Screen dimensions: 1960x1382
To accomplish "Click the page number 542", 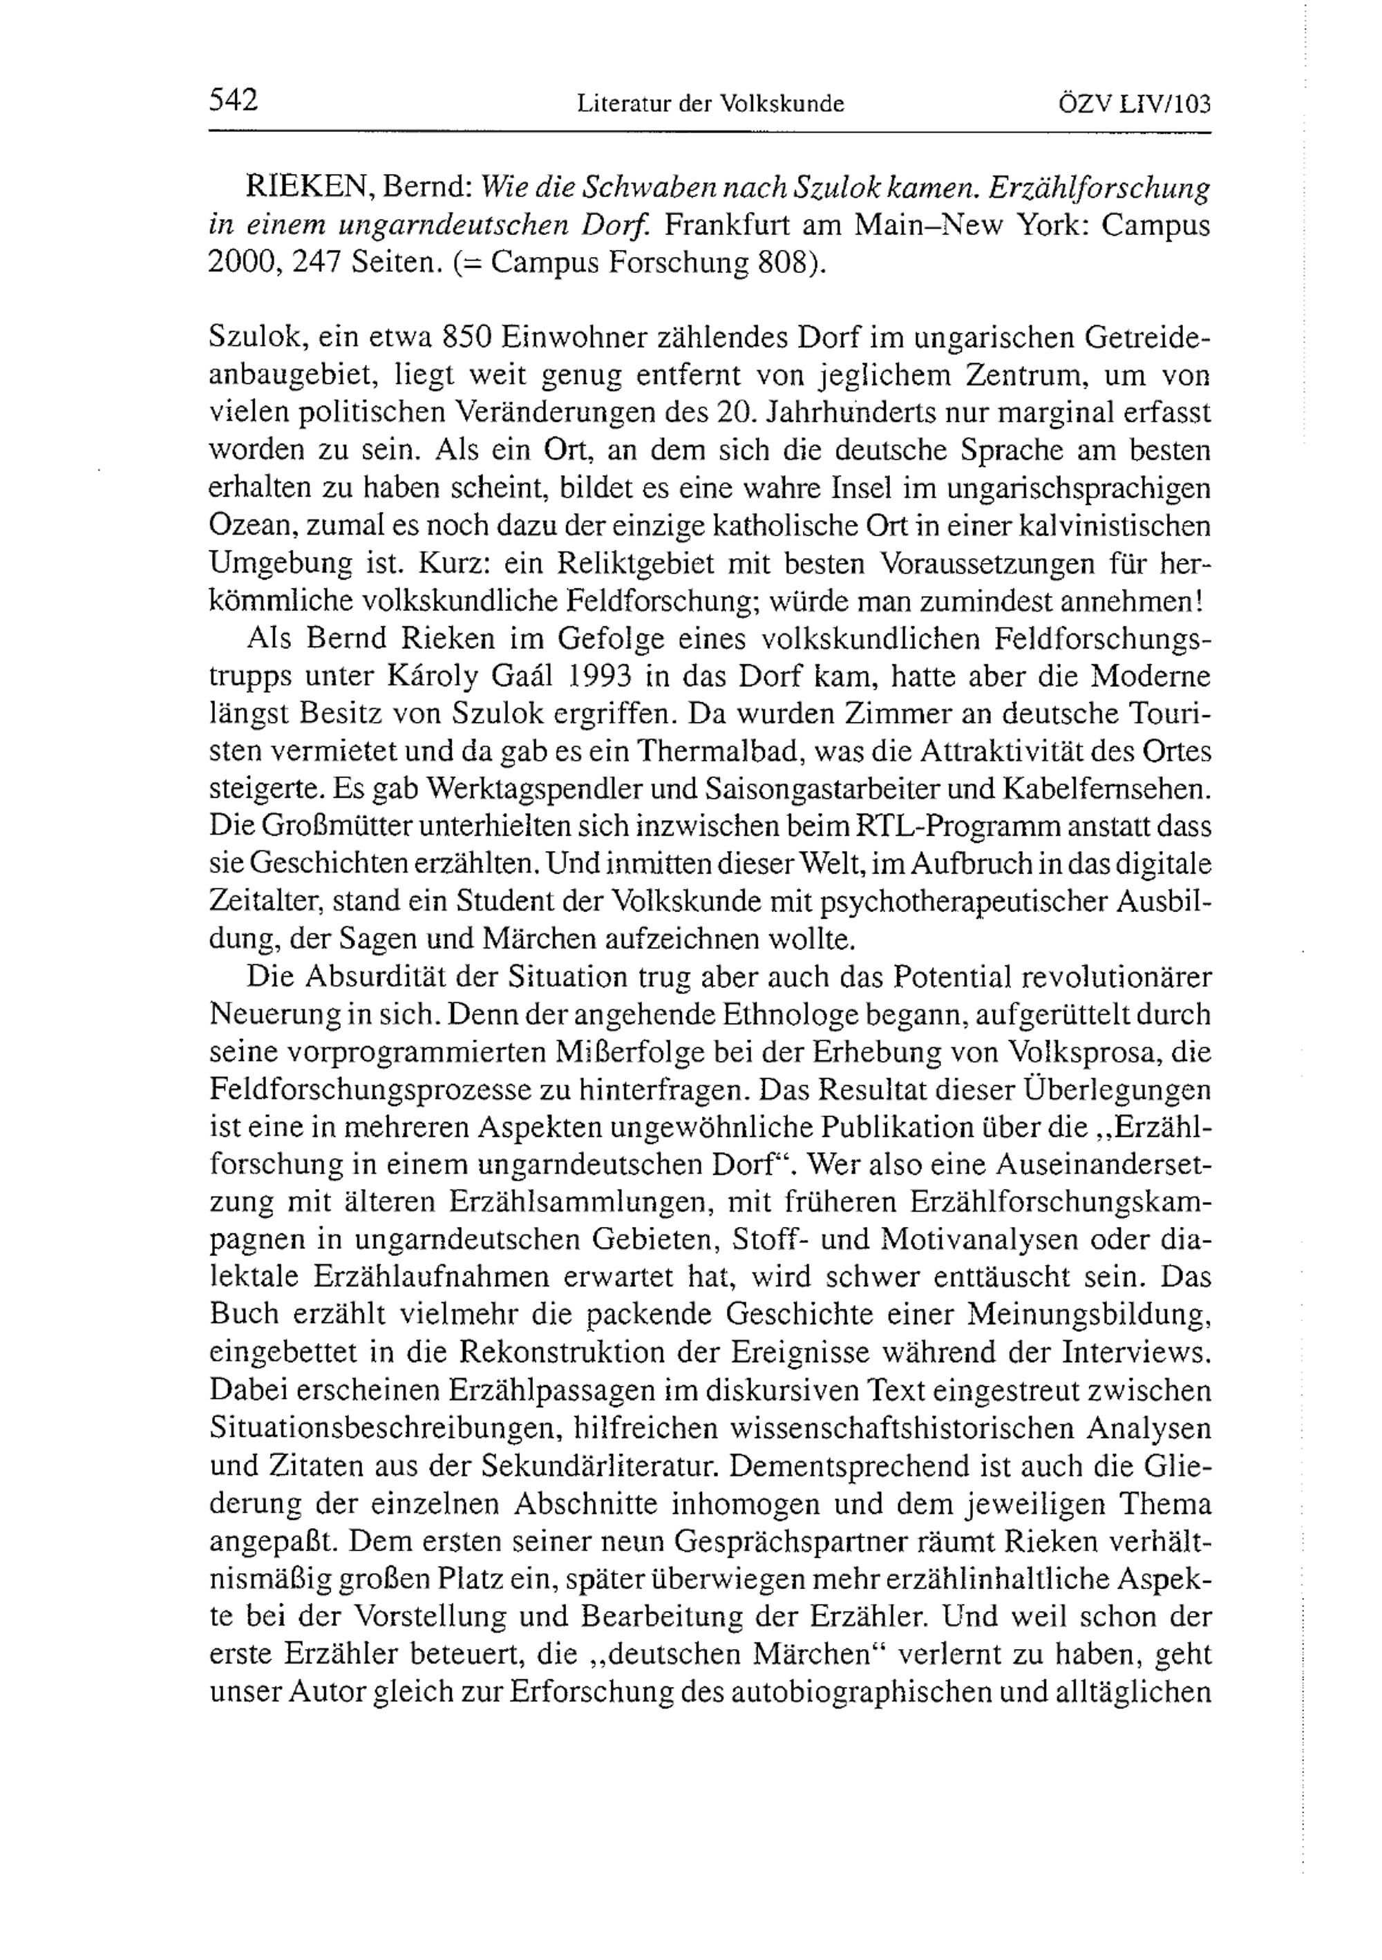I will tap(233, 101).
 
